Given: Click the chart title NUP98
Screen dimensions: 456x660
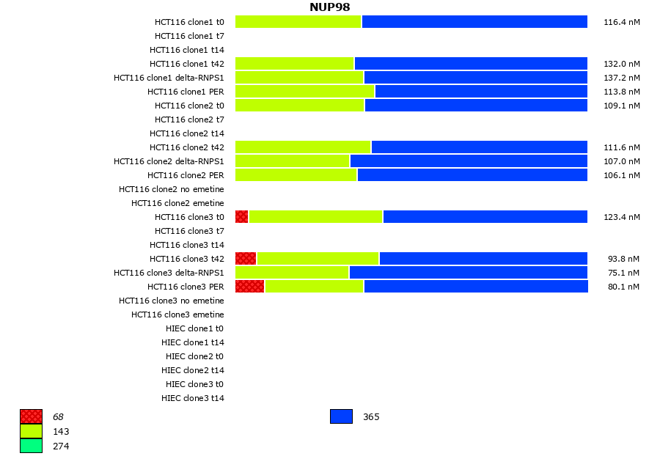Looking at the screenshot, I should (329, 7).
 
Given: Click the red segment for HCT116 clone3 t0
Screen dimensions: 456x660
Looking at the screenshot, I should (242, 217).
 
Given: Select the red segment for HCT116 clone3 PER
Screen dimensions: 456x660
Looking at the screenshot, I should (249, 287).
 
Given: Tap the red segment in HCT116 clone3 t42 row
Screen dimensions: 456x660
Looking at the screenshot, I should (246, 259).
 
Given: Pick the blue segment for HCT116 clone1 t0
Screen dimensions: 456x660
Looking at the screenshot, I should (474, 22).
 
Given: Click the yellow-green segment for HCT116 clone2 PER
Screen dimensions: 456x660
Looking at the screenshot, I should (296, 175).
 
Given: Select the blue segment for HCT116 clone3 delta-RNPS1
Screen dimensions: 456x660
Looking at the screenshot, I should (469, 273).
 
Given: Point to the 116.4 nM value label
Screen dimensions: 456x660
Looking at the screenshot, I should (622, 22).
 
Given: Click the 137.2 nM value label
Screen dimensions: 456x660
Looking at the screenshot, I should (622, 78).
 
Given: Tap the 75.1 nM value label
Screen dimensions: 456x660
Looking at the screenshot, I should (623, 273).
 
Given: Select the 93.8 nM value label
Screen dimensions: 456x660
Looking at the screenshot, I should (623, 259).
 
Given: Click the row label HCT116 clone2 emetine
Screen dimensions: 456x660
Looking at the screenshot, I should (177, 203).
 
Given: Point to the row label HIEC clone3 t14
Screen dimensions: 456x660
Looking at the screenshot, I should (193, 398).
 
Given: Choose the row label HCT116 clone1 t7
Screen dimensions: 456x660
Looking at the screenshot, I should (189, 36).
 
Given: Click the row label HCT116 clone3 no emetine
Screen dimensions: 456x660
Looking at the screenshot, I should (172, 301).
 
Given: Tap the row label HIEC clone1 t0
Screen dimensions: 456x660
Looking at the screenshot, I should (194, 328).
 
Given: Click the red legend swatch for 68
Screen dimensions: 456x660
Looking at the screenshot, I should (31, 416).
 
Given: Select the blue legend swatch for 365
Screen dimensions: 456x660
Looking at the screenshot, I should (341, 416).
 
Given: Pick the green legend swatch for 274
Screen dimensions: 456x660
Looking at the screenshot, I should (31, 446).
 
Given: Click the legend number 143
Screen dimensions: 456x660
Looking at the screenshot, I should (61, 431).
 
